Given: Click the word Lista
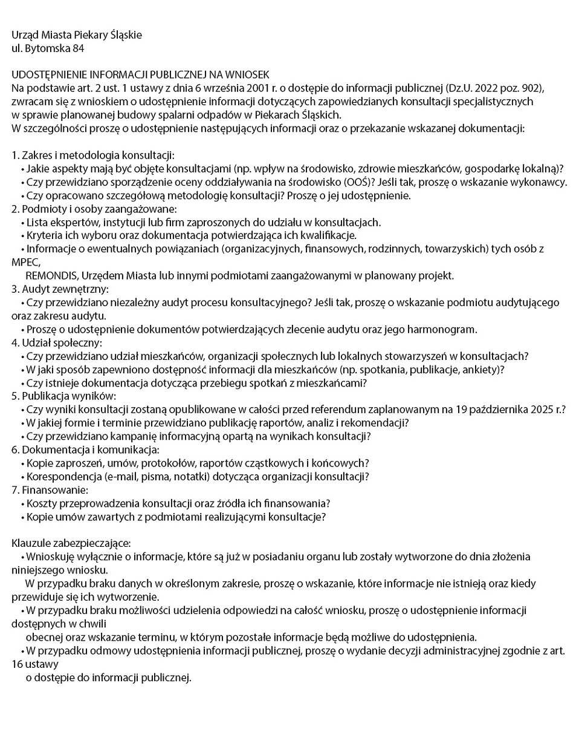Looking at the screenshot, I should click(x=39, y=222).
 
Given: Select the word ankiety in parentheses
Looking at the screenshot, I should click(x=482, y=370).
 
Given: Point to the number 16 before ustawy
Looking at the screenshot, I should click(x=18, y=664).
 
